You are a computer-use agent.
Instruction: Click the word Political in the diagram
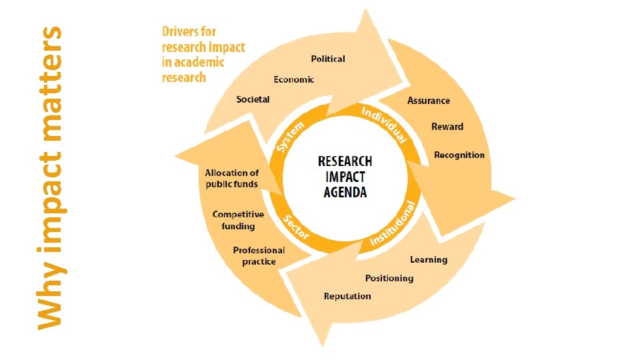pos(328,59)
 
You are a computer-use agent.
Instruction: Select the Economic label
pos(293,79)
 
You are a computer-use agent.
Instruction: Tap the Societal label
pos(253,99)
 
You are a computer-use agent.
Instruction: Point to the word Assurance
pos(429,101)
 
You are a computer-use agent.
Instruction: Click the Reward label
pos(447,127)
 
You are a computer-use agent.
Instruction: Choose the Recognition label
pos(459,155)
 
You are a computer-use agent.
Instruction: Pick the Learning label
pos(429,259)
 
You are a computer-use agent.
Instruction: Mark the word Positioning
pos(389,278)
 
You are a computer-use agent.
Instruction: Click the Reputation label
pos(347,296)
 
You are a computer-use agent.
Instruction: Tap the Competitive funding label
pos(238,221)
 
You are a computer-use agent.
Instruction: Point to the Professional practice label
pos(259,256)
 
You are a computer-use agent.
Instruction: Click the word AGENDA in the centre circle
pos(345,193)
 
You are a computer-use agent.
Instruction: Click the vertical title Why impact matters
pos(49,177)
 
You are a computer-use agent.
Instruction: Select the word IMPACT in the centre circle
pos(345,177)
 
